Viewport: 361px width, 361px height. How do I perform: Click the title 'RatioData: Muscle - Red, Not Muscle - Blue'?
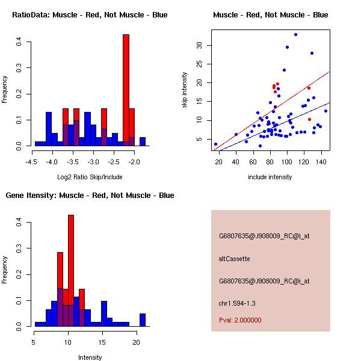pos(90,14)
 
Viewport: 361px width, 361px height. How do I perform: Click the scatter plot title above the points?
pos(271,14)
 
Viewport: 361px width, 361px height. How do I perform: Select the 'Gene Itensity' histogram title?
pos(90,196)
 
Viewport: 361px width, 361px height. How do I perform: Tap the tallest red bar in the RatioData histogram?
pos(126,90)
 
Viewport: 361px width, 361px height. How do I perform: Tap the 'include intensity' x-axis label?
pos(271,177)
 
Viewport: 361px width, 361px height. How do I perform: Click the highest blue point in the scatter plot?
pos(295,34)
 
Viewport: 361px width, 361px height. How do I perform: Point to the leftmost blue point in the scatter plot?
pos(215,144)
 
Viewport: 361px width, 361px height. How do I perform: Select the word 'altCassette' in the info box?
pos(234,259)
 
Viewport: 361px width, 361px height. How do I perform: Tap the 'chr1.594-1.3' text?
pos(237,303)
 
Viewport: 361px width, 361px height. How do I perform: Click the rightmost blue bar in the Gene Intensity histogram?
pos(143,319)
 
